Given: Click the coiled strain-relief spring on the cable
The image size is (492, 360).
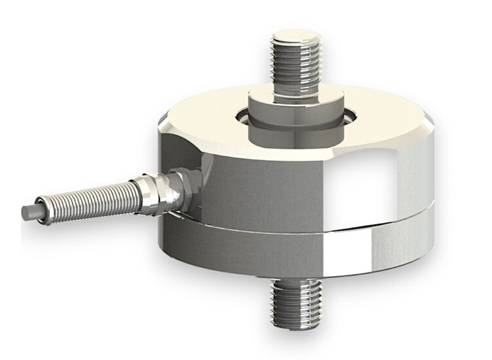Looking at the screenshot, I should [x=85, y=199].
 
